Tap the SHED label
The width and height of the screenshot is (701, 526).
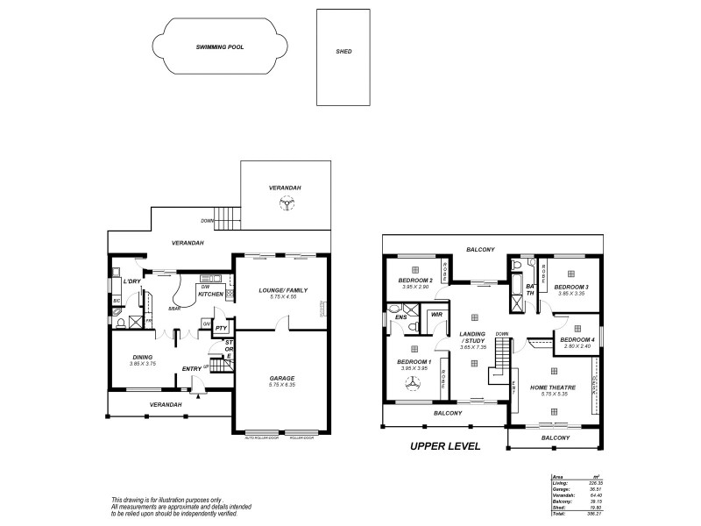click(343, 52)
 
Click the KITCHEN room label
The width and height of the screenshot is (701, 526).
click(211, 294)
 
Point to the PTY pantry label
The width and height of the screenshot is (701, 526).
click(222, 329)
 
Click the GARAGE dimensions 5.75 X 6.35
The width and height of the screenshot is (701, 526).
click(281, 386)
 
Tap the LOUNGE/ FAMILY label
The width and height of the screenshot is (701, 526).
click(281, 289)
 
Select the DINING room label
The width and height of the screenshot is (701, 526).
click(143, 357)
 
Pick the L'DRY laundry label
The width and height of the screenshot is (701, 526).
click(132, 281)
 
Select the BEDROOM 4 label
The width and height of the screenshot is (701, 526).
click(577, 339)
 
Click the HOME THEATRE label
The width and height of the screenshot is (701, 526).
click(553, 387)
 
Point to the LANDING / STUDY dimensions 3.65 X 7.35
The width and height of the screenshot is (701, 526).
click(473, 348)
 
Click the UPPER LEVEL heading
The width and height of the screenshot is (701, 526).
click(446, 446)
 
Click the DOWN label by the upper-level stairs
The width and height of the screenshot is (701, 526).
click(502, 333)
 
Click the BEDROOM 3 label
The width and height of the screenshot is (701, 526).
click(570, 287)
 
